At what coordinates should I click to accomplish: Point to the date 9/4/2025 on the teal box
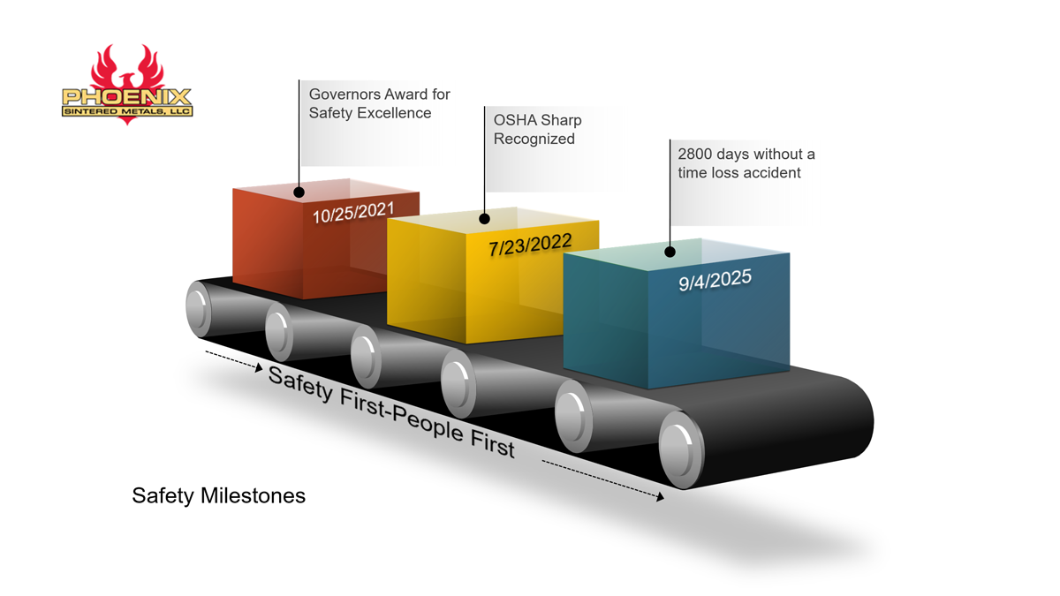point(715,281)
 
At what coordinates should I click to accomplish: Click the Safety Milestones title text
point(218,495)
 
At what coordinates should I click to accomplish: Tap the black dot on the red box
point(299,192)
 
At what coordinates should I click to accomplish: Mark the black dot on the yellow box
point(484,218)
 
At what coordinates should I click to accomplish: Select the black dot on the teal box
point(670,252)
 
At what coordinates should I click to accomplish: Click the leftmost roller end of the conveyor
point(200,307)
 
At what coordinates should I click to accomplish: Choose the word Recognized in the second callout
point(534,139)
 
